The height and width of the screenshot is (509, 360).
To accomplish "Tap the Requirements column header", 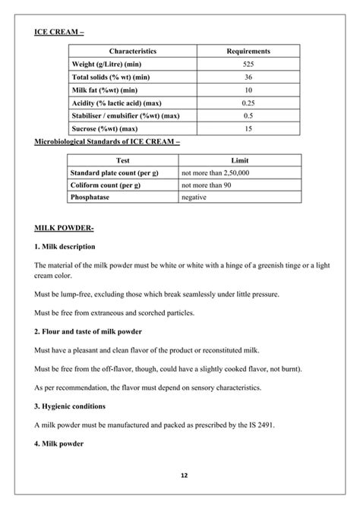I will pyautogui.click(x=248, y=51).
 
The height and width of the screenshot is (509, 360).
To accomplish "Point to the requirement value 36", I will pyautogui.click(x=248, y=77).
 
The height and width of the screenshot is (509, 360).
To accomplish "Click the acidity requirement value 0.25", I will pyautogui.click(x=248, y=103).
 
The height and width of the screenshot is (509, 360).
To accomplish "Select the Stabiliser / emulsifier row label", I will pyautogui.click(x=125, y=115).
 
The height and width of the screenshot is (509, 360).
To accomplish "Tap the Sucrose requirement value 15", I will pyautogui.click(x=248, y=128).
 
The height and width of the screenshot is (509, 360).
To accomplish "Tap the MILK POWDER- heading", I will pyautogui.click(x=65, y=228).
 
